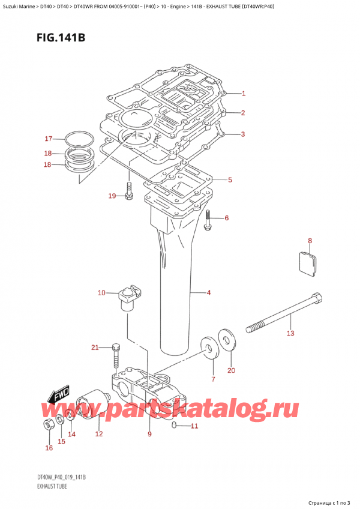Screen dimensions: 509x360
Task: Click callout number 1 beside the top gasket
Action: tap(244, 93)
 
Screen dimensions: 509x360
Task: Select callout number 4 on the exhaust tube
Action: tap(208, 293)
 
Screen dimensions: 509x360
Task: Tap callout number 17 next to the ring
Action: tap(49, 139)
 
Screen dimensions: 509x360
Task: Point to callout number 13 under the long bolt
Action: tap(290, 333)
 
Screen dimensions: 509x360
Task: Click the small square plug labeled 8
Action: tap(308, 265)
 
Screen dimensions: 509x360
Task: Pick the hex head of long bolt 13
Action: tap(316, 298)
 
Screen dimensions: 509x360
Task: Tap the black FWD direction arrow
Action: tap(57, 397)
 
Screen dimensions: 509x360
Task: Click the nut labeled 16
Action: tap(49, 426)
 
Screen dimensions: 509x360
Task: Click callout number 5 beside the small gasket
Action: tap(230, 179)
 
